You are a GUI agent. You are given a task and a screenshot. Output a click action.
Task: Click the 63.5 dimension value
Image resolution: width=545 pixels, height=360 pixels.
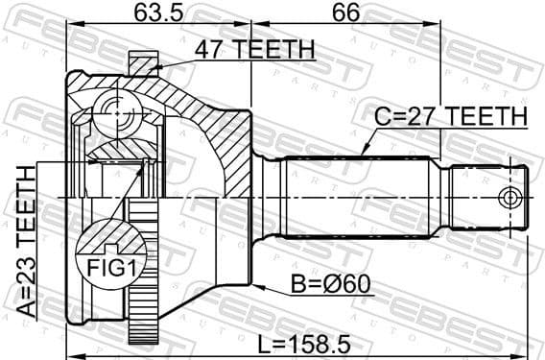(x=156, y=14)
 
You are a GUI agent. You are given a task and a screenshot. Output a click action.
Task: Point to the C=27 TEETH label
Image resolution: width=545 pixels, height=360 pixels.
(x=451, y=116)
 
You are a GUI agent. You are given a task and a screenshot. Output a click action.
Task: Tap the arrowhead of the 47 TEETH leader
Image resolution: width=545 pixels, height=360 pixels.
(x=154, y=67)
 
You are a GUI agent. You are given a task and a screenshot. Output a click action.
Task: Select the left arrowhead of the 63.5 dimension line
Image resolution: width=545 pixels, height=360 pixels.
(x=69, y=29)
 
